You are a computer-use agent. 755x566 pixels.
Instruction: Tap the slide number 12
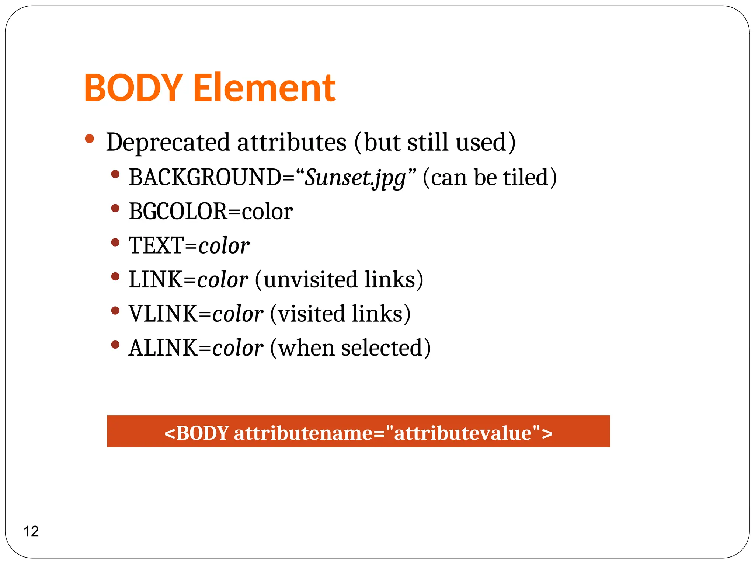point(31,531)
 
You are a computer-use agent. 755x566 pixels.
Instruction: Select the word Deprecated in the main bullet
point(168,142)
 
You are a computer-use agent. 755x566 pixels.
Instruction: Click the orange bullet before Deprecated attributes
point(89,139)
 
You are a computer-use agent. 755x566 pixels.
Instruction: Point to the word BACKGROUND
point(205,177)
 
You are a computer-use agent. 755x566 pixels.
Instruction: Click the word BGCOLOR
point(178,212)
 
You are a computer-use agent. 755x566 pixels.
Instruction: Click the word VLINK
point(163,314)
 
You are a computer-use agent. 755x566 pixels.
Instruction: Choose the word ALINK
point(163,348)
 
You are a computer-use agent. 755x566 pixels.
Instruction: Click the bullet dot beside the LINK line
point(115,276)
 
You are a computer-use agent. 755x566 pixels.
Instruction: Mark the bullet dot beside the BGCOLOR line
point(115,208)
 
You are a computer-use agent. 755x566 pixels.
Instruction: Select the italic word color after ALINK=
point(238,348)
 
